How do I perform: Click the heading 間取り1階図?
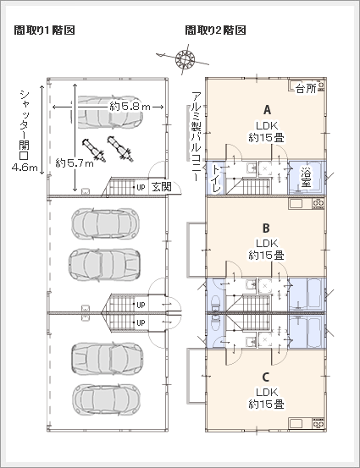point(44,30)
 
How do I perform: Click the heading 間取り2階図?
point(215,30)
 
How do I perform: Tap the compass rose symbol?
point(185,58)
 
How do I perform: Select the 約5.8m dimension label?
point(130,107)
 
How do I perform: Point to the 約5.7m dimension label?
point(75,163)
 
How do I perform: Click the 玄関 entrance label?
point(162,187)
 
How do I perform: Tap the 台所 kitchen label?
point(306,89)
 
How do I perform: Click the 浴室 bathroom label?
point(306,177)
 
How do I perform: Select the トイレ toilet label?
point(217,179)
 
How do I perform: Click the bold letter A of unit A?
point(267,110)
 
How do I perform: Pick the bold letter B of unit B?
point(266,228)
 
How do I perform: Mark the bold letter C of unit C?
point(266,377)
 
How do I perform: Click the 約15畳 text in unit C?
point(266,405)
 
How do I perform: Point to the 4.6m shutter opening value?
point(25,168)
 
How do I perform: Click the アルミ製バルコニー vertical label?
point(197,136)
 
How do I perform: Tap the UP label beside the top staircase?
point(141,187)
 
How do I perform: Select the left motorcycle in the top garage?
point(94,150)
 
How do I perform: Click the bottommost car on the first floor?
point(107,399)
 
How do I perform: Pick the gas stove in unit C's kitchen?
point(318,423)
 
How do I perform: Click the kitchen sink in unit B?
point(296,204)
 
